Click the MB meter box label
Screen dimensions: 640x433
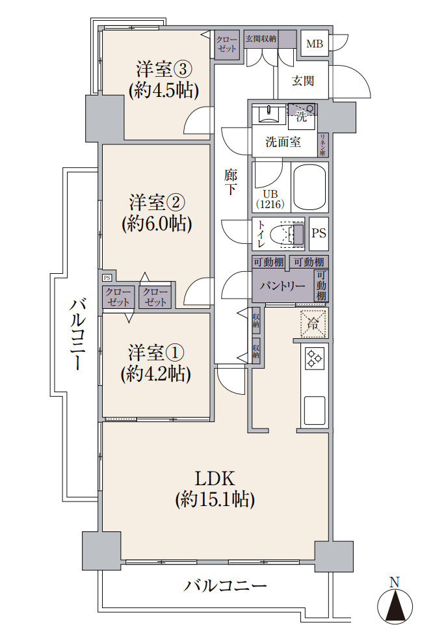tap(315, 44)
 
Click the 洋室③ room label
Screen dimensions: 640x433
tap(163, 68)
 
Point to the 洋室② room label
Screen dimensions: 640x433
tap(156, 200)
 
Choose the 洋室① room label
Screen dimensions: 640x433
tap(156, 353)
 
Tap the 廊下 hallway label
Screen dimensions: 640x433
tap(231, 183)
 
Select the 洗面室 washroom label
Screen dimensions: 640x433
tap(283, 142)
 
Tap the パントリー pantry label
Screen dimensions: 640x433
tap(282, 286)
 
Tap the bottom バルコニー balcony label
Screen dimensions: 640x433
tap(225, 585)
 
